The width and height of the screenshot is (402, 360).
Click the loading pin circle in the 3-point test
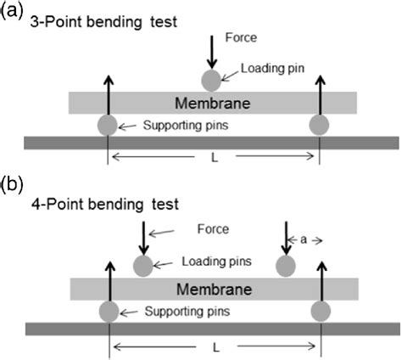click(210, 81)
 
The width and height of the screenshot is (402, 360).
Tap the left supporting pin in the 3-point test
click(107, 126)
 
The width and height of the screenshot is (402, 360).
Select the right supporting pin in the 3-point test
click(319, 126)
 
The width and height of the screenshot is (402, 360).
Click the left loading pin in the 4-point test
click(143, 265)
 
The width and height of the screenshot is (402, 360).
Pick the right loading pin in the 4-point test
click(286, 266)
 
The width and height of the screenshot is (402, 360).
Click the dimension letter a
click(304, 240)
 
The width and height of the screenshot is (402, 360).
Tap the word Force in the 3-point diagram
click(242, 38)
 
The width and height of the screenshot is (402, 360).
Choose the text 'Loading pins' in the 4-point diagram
click(213, 262)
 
